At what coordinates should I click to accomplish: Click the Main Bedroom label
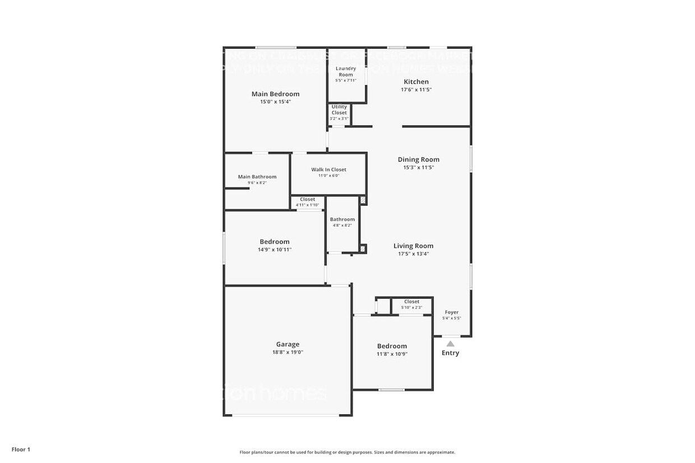[275, 94]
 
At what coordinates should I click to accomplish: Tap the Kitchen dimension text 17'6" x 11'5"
[416, 90]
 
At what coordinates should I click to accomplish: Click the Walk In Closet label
[328, 170]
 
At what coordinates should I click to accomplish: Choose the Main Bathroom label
[257, 177]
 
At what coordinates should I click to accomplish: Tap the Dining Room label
[418, 160]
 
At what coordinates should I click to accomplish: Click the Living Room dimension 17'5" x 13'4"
[413, 254]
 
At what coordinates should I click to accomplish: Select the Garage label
[288, 344]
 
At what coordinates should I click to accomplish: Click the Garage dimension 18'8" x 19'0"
[288, 352]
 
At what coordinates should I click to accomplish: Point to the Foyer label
[451, 312]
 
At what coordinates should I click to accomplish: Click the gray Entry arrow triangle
[450, 344]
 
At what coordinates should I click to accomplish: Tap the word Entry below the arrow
[450, 353]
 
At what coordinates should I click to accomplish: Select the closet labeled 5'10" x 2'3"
[411, 305]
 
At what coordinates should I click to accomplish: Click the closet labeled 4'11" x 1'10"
[307, 202]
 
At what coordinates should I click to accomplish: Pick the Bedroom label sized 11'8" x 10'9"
[392, 346]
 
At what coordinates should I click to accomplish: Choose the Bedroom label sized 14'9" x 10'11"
[274, 242]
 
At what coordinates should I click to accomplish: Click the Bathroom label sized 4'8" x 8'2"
[342, 219]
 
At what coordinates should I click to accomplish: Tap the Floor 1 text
[21, 449]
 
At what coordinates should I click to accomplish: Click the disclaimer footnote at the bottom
[347, 452]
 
